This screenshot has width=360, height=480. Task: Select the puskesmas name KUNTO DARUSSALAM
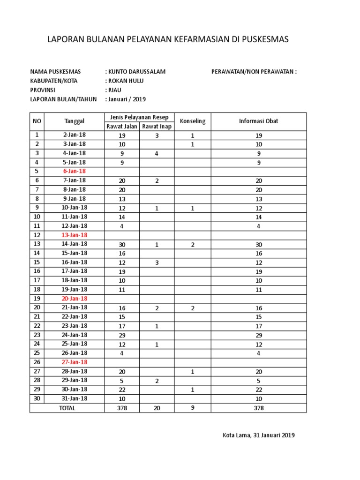coord(136,72)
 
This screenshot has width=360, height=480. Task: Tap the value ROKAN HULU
coord(126,81)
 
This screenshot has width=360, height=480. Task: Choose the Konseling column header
coord(193,121)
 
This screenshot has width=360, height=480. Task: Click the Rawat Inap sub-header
coord(157,126)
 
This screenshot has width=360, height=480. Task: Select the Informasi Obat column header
coord(259,121)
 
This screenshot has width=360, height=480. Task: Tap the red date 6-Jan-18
coord(75,172)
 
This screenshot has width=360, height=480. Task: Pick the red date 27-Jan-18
coord(75,362)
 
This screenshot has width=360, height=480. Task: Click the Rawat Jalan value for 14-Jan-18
coord(122,244)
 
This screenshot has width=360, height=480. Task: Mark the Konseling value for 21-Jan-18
coord(193,308)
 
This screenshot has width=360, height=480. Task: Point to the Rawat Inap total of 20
coord(157,408)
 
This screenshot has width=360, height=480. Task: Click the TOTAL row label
coord(67,408)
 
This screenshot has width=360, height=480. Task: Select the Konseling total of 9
coord(193,408)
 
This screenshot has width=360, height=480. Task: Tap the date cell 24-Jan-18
coord(75,335)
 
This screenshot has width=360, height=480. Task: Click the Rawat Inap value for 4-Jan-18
coord(157,153)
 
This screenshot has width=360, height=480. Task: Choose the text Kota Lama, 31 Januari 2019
coord(259,435)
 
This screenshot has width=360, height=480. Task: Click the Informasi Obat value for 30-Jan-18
coord(259,390)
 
